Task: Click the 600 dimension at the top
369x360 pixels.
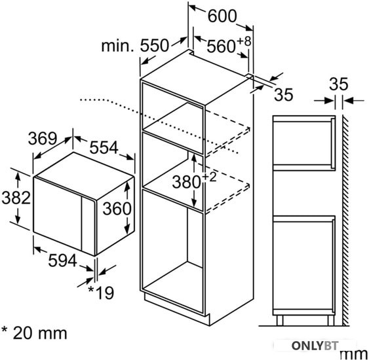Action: pyautogui.click(x=222, y=16)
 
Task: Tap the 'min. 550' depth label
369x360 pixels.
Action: pyautogui.click(x=135, y=46)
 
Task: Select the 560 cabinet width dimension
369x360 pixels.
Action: pyautogui.click(x=221, y=46)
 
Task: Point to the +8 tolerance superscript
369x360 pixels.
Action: pyautogui.click(x=244, y=42)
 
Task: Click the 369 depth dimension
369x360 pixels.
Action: pyautogui.click(x=43, y=138)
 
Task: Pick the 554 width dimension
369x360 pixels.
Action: pyautogui.click(x=104, y=147)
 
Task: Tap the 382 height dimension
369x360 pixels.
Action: pyautogui.click(x=16, y=198)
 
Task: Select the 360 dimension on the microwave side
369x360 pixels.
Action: pyautogui.click(x=117, y=208)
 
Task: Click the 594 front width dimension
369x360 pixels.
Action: pyautogui.click(x=63, y=261)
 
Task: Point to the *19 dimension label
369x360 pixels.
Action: pyautogui.click(x=101, y=293)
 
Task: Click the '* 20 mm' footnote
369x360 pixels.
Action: pyautogui.click(x=34, y=333)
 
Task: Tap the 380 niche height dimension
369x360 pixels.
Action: pyautogui.click(x=186, y=182)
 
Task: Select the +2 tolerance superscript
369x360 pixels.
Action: pyautogui.click(x=208, y=177)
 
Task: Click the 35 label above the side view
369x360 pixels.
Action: pyautogui.click(x=338, y=84)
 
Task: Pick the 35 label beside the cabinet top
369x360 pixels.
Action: pyautogui.click(x=284, y=95)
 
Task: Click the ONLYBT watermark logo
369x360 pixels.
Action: pyautogui.click(x=315, y=346)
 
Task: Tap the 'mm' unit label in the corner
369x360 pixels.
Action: pyautogui.click(x=354, y=354)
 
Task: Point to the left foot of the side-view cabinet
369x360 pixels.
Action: pyautogui.click(x=280, y=321)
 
